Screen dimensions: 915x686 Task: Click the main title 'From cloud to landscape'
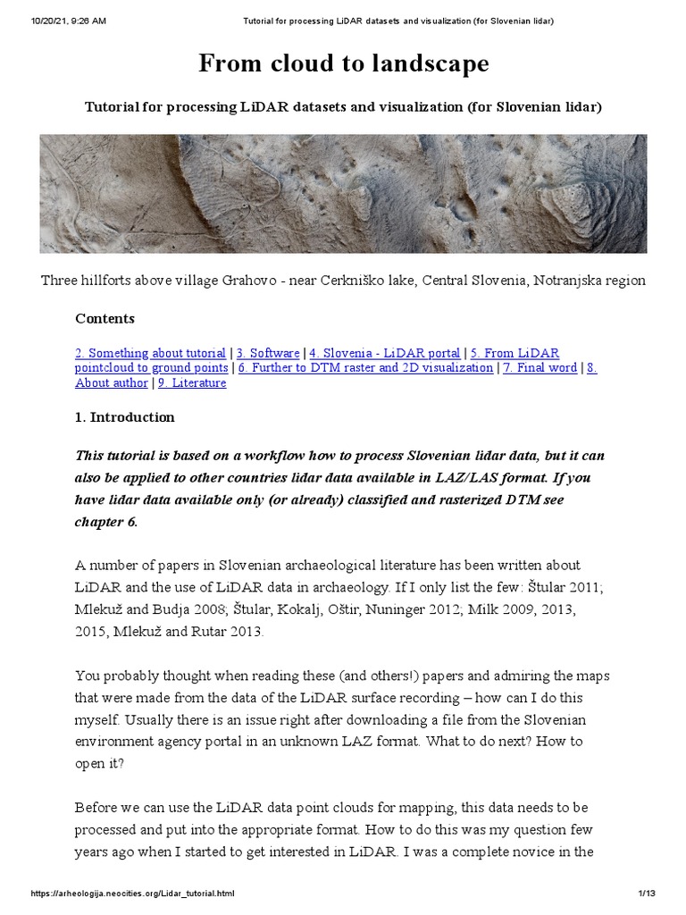(343, 64)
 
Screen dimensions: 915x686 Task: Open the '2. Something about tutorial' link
(150, 354)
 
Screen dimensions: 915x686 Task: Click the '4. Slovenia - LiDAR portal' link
(384, 354)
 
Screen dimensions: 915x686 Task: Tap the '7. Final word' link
(540, 368)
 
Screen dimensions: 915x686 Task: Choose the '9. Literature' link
(192, 382)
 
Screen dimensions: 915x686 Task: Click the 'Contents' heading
(105, 319)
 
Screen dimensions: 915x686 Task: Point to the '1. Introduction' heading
(125, 417)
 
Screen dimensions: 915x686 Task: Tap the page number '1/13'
(648, 894)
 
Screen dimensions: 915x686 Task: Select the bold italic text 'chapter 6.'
(106, 522)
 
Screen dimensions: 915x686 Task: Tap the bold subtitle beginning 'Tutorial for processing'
(343, 107)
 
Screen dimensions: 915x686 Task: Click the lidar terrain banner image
(343, 194)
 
